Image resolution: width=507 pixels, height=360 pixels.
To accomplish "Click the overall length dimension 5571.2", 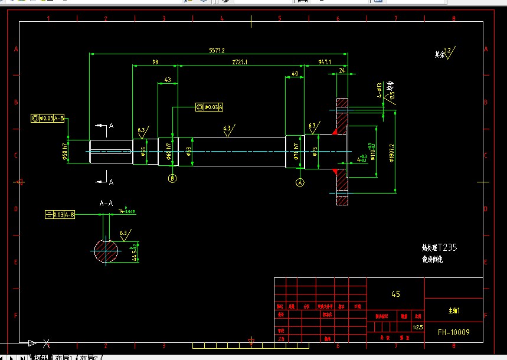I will click(217, 51).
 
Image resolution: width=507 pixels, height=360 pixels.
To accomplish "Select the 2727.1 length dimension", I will click(239, 61).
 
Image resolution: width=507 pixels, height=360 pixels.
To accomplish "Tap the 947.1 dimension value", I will click(324, 61).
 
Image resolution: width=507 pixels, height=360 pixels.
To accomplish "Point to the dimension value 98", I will click(155, 61).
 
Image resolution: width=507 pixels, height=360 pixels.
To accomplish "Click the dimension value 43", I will click(168, 80).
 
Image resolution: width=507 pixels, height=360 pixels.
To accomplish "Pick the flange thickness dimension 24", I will click(342, 70).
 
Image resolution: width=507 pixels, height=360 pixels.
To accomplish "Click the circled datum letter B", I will click(172, 178).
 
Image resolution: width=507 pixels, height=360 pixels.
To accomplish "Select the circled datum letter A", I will click(300, 182).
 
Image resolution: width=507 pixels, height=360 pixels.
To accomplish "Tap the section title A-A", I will click(106, 203).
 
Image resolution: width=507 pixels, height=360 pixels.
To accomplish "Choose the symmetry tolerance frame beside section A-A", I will click(61, 215).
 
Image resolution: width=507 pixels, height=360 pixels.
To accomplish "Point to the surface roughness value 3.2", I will click(447, 51).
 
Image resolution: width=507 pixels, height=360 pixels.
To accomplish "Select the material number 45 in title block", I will click(395, 294).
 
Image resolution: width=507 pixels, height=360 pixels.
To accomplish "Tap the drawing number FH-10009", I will click(453, 332).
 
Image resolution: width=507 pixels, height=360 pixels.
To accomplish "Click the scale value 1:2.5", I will click(417, 327).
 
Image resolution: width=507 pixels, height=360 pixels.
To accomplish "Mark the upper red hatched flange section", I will click(342, 114).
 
